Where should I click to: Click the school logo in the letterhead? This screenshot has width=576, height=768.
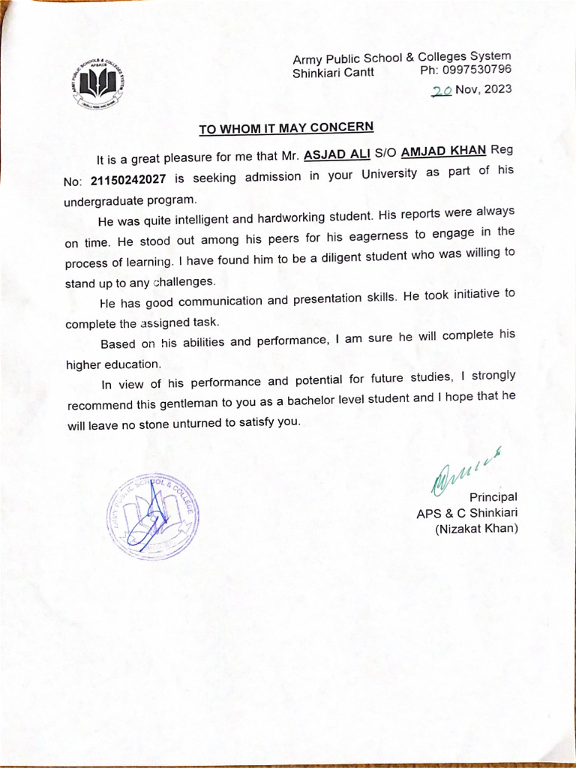click(99, 83)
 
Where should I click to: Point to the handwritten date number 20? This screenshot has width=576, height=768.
click(441, 90)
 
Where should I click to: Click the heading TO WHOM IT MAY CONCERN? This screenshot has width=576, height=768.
click(286, 128)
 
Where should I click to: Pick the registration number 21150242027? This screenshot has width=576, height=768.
click(131, 179)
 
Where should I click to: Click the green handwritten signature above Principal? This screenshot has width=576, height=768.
click(465, 470)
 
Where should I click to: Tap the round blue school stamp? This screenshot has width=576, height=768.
click(152, 517)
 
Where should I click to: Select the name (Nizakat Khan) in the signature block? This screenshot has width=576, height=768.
click(476, 529)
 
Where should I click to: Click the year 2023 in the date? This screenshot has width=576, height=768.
click(497, 89)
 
